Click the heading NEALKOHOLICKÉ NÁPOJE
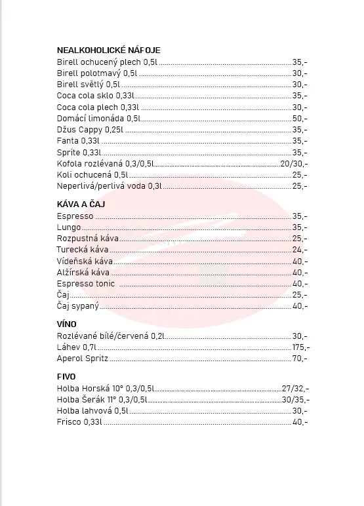108,50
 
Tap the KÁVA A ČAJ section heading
81,204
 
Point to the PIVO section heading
66,376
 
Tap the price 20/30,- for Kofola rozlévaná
294,163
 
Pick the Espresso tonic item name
86,283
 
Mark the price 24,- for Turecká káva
300,249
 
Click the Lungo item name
69,227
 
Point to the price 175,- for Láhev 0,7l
301,347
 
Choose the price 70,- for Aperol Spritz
300,359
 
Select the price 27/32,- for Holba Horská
294,388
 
